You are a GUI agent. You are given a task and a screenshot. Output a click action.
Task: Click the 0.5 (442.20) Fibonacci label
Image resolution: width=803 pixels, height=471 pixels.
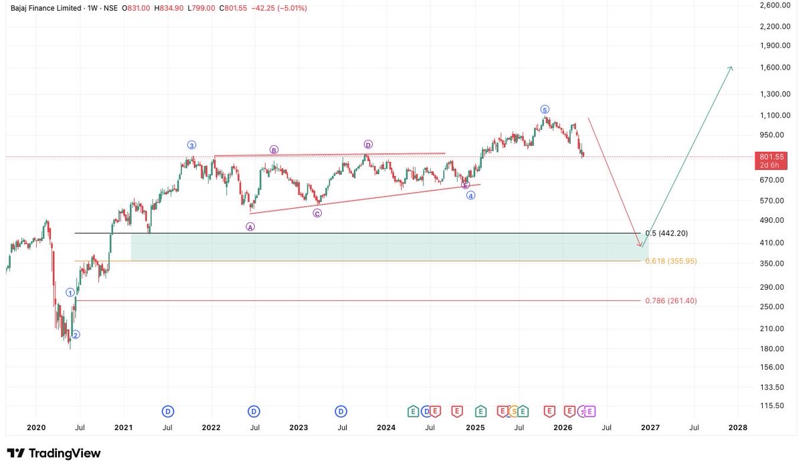pos(666,233)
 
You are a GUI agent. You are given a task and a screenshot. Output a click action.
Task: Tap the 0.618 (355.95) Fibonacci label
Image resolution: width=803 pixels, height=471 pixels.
pos(671,261)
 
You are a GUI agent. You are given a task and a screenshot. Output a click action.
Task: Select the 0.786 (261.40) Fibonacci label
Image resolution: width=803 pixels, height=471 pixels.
pos(671,301)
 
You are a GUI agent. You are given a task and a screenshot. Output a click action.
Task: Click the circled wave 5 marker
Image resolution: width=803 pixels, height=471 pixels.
pos(545,109)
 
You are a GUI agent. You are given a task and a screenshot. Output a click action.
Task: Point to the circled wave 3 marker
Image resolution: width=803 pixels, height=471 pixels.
pos(191,145)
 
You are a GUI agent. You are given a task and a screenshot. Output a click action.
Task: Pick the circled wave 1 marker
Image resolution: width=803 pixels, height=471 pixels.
pos(70,292)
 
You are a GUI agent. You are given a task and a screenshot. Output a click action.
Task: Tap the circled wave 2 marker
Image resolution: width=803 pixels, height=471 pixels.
pos(76,335)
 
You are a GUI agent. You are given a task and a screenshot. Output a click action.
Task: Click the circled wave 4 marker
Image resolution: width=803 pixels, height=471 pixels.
pos(471,195)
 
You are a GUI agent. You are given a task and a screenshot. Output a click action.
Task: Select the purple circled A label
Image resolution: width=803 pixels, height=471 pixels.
pos(250,227)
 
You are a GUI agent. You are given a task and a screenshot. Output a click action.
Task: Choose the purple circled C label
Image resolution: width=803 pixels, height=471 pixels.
pos(317,213)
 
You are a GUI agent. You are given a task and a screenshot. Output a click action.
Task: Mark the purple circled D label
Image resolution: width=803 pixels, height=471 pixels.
pos(368,145)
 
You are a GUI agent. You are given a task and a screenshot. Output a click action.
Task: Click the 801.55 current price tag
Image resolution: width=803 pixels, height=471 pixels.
pos(772,157)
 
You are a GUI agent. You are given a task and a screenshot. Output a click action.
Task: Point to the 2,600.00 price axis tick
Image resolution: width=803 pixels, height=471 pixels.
pos(774,5)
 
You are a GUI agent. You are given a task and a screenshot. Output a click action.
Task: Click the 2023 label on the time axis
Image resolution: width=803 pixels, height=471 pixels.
pos(298,427)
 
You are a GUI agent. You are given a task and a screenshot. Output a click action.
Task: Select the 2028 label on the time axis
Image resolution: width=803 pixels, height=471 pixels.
pos(738,427)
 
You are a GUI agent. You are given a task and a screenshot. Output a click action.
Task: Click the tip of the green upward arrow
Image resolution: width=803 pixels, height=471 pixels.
pos(731,67)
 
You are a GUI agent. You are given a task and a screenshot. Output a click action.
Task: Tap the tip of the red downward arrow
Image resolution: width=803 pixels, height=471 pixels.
pos(641,246)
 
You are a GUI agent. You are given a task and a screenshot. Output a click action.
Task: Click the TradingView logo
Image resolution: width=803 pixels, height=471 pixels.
pos(54,454)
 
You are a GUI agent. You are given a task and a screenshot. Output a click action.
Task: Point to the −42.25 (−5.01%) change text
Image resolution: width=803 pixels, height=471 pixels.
pos(278,7)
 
